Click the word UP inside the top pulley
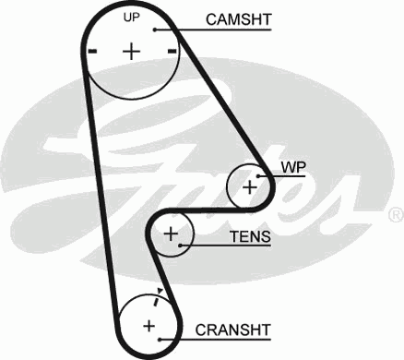click(x=132, y=18)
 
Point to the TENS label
click(x=250, y=237)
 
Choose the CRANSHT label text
click(x=232, y=328)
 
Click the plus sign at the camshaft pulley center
click(x=131, y=51)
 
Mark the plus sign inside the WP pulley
click(x=249, y=186)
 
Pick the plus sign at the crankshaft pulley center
click(x=148, y=325)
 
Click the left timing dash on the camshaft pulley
click(x=90, y=52)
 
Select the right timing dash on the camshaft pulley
click(x=172, y=52)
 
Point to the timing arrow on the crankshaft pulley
click(x=160, y=296)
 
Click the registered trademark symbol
click(x=395, y=214)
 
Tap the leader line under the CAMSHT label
click(x=221, y=30)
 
